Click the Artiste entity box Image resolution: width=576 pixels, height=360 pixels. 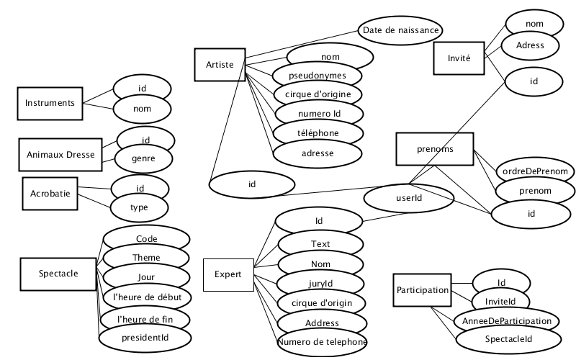[x=220, y=65]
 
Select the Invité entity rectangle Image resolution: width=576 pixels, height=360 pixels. [x=459, y=58]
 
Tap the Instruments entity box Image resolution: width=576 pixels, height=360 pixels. [x=50, y=104]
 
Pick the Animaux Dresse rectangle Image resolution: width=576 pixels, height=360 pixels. [x=60, y=155]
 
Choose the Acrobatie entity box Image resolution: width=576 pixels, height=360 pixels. [x=50, y=194]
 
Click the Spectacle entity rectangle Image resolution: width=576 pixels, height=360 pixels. [x=58, y=274]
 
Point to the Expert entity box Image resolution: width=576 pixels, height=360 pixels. [x=228, y=275]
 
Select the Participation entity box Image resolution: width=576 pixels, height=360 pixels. [x=422, y=290]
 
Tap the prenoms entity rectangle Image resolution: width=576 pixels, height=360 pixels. [x=435, y=149]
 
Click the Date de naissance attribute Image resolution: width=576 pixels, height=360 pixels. [x=400, y=30]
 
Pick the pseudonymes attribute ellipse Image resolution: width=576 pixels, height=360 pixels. [x=318, y=76]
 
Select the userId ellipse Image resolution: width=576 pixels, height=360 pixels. [x=409, y=198]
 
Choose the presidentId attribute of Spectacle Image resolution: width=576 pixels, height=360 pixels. [x=145, y=338]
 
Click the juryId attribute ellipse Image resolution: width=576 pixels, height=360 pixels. [x=320, y=284]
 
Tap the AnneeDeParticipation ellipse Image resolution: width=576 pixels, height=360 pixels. [x=507, y=321]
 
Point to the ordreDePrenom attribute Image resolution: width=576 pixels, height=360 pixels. [x=535, y=171]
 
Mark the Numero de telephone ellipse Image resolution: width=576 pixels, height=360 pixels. [x=322, y=343]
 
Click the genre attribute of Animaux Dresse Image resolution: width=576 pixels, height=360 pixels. [x=143, y=158]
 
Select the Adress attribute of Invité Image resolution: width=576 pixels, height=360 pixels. [x=530, y=45]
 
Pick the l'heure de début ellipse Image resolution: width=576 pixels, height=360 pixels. [x=148, y=297]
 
